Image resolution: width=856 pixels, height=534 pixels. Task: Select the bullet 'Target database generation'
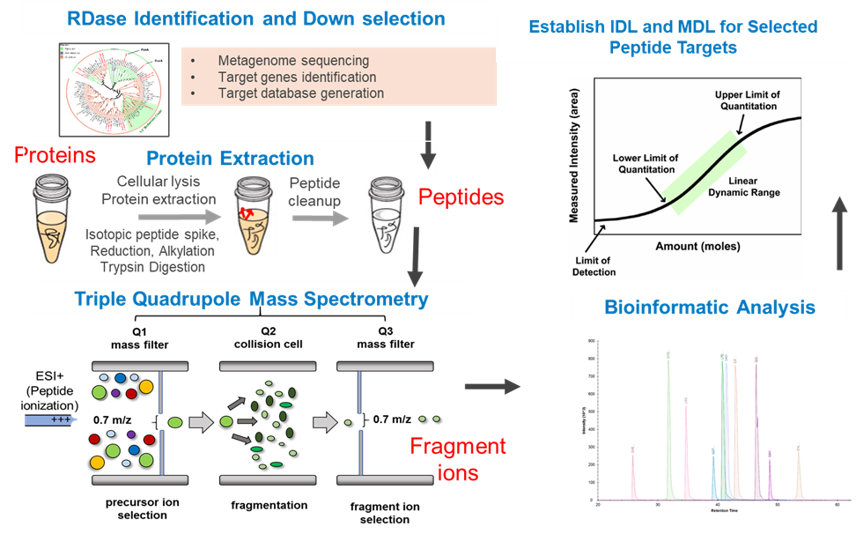(x=300, y=93)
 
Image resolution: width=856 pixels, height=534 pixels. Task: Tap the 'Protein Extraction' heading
(x=230, y=159)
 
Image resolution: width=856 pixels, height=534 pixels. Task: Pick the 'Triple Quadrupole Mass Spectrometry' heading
(x=252, y=300)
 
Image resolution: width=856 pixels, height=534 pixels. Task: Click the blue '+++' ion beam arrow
(x=52, y=420)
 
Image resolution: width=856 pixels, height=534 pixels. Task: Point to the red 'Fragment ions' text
(x=458, y=459)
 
